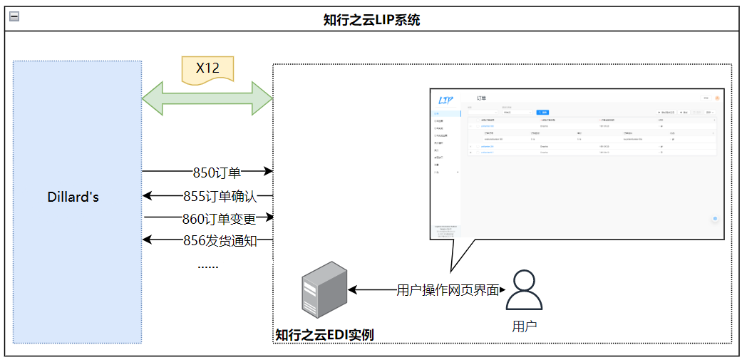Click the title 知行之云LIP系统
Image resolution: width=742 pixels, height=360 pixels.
pyautogui.click(x=371, y=19)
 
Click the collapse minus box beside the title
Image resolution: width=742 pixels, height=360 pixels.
pyautogui.click(x=14, y=16)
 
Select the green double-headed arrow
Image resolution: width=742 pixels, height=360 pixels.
pyautogui.click(x=207, y=97)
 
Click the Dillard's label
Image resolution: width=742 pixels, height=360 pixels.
pyautogui.click(x=73, y=197)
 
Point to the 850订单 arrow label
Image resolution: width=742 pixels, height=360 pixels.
pyautogui.click(x=217, y=172)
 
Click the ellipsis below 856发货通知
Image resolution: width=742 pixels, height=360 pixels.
pyautogui.click(x=207, y=265)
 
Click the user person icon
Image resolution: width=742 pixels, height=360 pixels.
pyautogui.click(x=524, y=289)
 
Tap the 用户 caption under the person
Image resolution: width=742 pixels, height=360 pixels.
pyautogui.click(x=524, y=326)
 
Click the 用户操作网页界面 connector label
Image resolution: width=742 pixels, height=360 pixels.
pyautogui.click(x=447, y=290)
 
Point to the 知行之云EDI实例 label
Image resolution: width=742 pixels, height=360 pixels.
pyautogui.click(x=324, y=334)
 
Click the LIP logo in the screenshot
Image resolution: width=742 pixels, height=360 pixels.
pyautogui.click(x=446, y=100)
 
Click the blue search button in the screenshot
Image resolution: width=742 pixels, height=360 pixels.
pyautogui.click(x=542, y=112)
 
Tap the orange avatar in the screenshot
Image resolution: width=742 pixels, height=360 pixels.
pyautogui.click(x=716, y=98)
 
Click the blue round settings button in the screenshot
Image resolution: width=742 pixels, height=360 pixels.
pyautogui.click(x=715, y=218)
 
